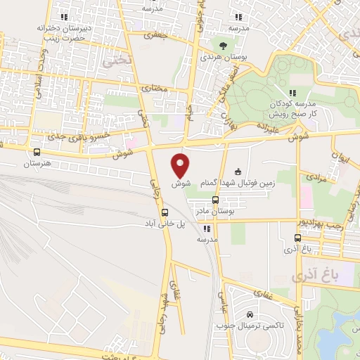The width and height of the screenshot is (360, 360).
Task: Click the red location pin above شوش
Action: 181,165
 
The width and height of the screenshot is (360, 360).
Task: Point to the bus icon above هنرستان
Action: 37,151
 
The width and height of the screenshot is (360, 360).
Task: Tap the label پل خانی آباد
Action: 165,224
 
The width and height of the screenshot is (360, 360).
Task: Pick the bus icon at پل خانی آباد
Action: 165,212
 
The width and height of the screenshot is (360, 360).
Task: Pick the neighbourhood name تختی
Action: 117,62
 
